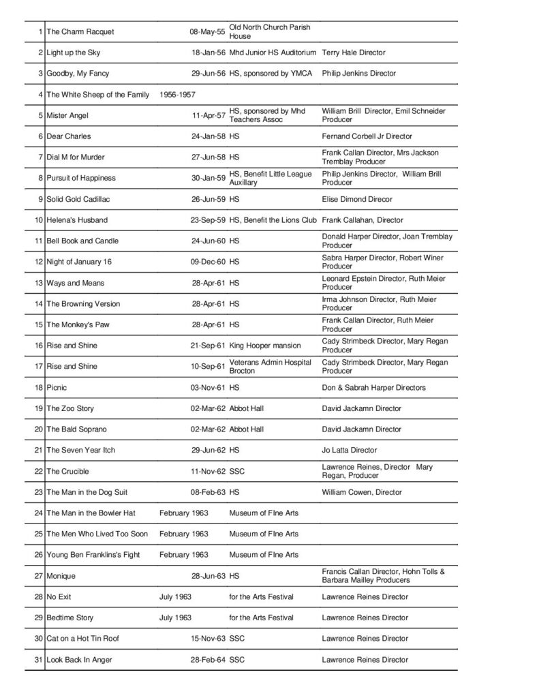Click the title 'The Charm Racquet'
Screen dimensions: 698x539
[80, 32]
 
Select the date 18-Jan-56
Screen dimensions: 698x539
[207, 52]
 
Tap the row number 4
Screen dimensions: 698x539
[41, 95]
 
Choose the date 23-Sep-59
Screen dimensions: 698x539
[207, 220]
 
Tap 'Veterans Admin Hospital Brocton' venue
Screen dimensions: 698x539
[271, 366]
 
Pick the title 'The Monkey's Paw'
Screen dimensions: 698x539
[78, 324]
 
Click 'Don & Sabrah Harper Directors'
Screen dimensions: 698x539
[373, 388]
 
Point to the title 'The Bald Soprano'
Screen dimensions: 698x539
[76, 429]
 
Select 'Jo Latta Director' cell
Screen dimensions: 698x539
[349, 451]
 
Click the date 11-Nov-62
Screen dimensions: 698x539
[207, 471]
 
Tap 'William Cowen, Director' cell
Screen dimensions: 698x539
[361, 492]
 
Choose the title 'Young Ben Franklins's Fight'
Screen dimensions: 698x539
[93, 555]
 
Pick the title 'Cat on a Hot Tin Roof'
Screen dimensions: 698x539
[85, 639]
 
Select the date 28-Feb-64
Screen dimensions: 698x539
[207, 660]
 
